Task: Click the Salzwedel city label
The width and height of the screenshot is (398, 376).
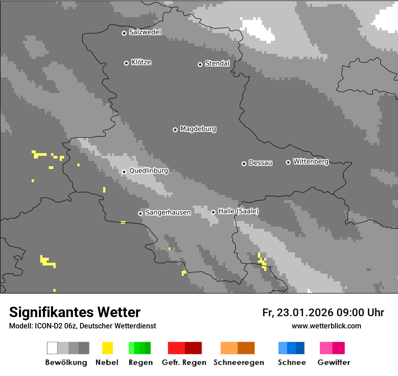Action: [x=145, y=32]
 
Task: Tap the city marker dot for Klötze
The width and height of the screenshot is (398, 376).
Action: [x=126, y=63]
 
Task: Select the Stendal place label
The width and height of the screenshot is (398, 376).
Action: [x=217, y=63]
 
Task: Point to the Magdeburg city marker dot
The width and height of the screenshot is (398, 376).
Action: [x=175, y=130]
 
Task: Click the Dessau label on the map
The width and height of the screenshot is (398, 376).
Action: [x=261, y=163]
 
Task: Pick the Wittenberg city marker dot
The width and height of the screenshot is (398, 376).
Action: [x=288, y=162]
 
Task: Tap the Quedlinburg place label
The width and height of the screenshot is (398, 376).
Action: [x=148, y=171]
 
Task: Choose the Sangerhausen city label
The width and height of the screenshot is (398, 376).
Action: [x=168, y=212]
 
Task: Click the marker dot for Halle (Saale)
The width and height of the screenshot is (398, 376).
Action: [x=213, y=212]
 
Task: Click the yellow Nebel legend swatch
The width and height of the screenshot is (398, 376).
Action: [x=107, y=348]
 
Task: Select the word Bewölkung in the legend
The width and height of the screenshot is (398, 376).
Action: [x=66, y=362]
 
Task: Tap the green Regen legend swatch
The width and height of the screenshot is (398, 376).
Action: [x=140, y=348]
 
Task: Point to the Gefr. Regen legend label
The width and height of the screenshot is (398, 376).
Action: [x=184, y=362]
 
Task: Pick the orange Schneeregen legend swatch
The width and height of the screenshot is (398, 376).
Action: [x=237, y=348]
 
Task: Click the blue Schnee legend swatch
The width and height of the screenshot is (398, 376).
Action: [x=291, y=348]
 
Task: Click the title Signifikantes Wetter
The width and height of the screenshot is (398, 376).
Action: [x=75, y=312]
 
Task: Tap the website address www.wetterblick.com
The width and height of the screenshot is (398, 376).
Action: [x=326, y=326]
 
